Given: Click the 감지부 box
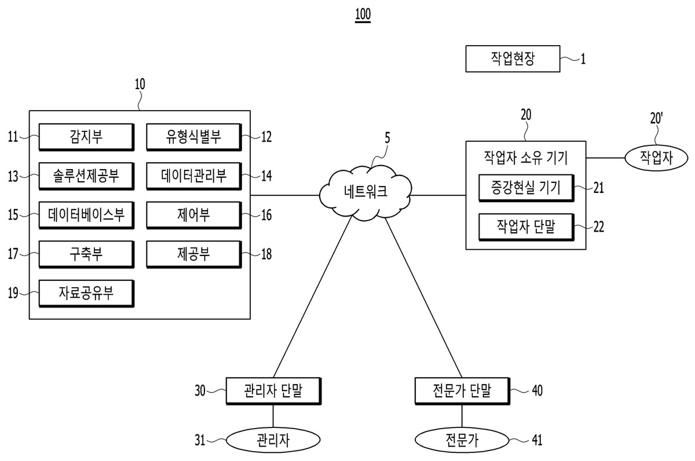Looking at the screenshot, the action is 86,137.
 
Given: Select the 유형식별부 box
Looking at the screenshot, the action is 194,137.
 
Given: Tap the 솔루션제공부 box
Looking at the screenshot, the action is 86,176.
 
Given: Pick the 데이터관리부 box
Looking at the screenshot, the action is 194,176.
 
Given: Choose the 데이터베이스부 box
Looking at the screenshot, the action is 86,215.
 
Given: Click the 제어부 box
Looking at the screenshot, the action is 194,215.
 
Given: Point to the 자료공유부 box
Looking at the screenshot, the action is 86,294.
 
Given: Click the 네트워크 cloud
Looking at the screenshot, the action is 365,192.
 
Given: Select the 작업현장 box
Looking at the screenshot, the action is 513,59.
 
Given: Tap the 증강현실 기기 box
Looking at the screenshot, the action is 526,188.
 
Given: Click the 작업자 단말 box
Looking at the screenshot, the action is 526,227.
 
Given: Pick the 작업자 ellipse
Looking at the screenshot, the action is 656,158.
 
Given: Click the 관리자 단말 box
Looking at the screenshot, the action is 273,391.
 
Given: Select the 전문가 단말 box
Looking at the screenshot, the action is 462,391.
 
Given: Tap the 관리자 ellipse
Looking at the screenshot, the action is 273,440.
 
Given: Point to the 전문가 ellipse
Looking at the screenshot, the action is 462,440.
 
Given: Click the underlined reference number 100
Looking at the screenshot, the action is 363,14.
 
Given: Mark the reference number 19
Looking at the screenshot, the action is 13,293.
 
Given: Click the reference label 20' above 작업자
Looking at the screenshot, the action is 656,119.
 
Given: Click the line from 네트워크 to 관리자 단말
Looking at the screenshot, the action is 313,297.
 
